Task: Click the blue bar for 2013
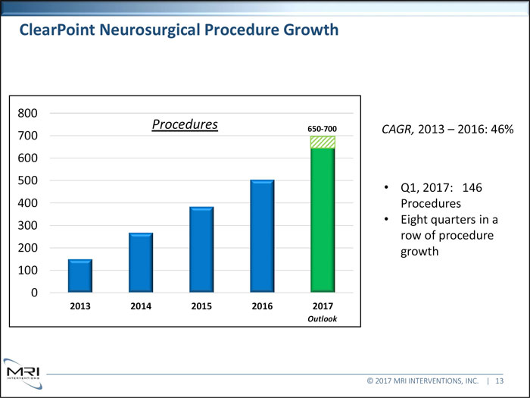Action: point(80,276)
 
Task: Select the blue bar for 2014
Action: point(141,262)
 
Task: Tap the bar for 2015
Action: point(201,249)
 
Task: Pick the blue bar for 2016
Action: point(262,236)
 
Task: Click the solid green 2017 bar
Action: point(323,220)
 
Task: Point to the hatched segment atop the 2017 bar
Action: point(323,142)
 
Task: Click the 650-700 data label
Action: point(322,128)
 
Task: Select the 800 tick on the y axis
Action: point(27,114)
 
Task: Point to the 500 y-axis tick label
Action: point(27,180)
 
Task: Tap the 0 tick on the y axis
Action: point(34,293)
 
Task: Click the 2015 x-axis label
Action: point(201,307)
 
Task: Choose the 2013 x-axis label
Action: point(80,307)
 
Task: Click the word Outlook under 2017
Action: point(323,319)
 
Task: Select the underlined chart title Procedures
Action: point(185,124)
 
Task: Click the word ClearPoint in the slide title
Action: point(57,30)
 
